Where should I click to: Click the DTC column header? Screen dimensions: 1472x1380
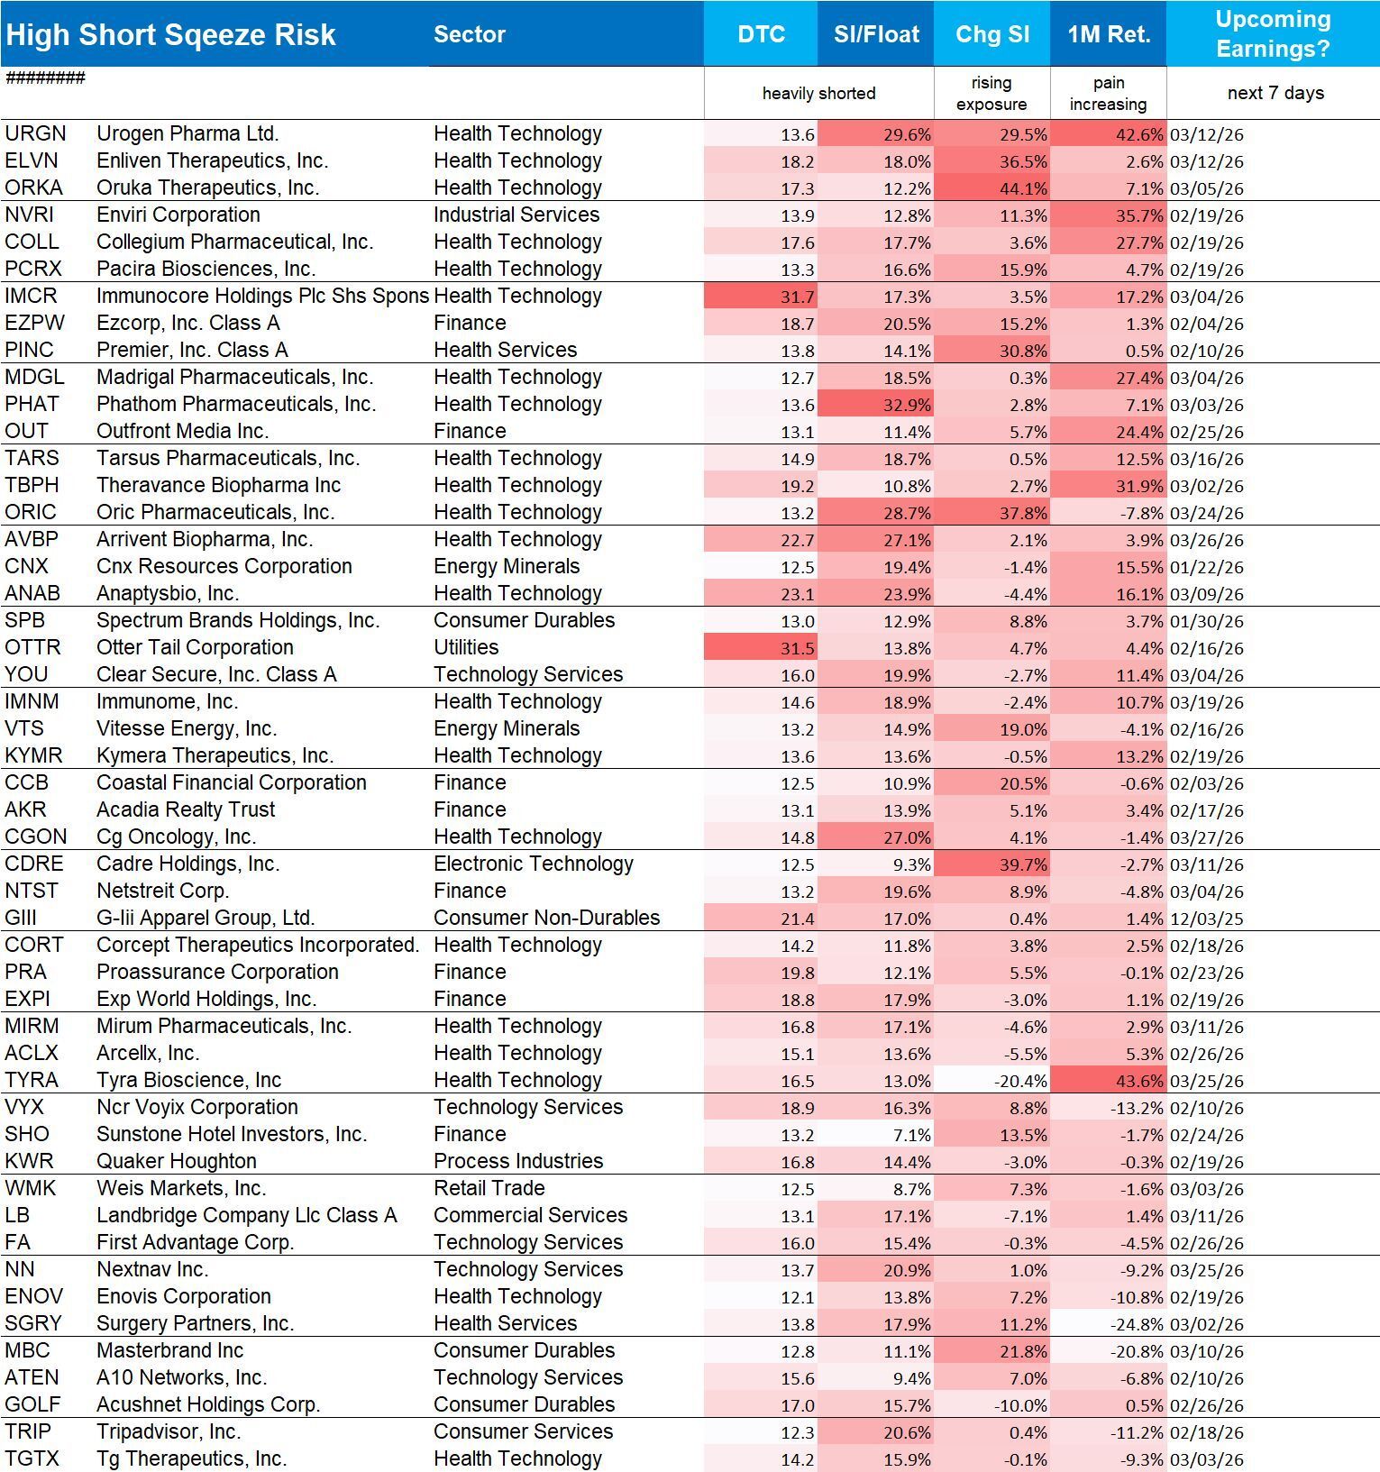point(761,34)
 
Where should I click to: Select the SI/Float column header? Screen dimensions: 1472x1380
point(876,34)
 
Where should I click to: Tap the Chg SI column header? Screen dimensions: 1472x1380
point(992,34)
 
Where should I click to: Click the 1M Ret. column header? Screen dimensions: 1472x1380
point(1109,34)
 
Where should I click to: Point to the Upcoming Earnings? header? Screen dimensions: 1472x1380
point(1273,34)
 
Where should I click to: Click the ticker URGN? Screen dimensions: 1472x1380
point(35,133)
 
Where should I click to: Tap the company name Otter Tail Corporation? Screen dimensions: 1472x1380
point(195,647)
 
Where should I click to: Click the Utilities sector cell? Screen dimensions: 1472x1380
point(466,647)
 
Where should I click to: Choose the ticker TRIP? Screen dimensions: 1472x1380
point(28,1431)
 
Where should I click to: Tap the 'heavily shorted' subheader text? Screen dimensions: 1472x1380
point(818,93)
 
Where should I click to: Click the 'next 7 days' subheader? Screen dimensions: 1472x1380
point(1275,93)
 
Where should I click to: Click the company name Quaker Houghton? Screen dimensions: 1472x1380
point(177,1161)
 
